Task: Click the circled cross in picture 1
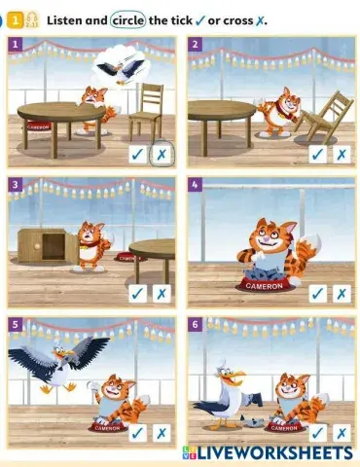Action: pos(162,155)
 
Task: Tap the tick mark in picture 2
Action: pos(318,155)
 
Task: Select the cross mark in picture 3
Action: pos(162,293)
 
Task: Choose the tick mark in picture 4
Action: pos(318,293)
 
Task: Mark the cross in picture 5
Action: pos(162,432)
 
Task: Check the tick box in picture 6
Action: pos(318,432)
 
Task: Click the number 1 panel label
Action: pos(16,44)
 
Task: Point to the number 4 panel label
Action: pos(196,183)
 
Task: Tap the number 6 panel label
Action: pos(196,322)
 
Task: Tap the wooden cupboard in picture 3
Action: pos(44,245)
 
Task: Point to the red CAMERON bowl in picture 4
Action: pos(263,285)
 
